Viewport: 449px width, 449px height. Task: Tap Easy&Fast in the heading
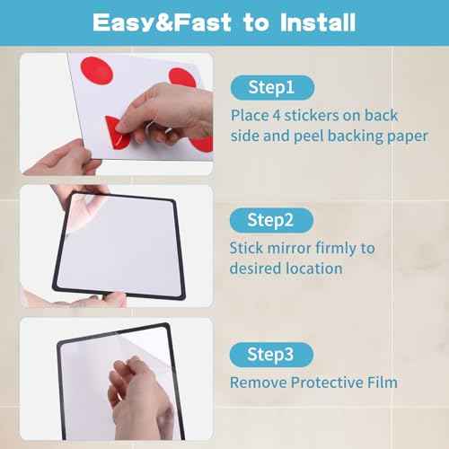tap(158, 22)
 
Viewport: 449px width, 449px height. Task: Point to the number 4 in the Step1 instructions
tap(274, 116)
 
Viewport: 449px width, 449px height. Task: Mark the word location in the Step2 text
tap(312, 268)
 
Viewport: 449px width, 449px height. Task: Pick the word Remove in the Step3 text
tap(257, 383)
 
